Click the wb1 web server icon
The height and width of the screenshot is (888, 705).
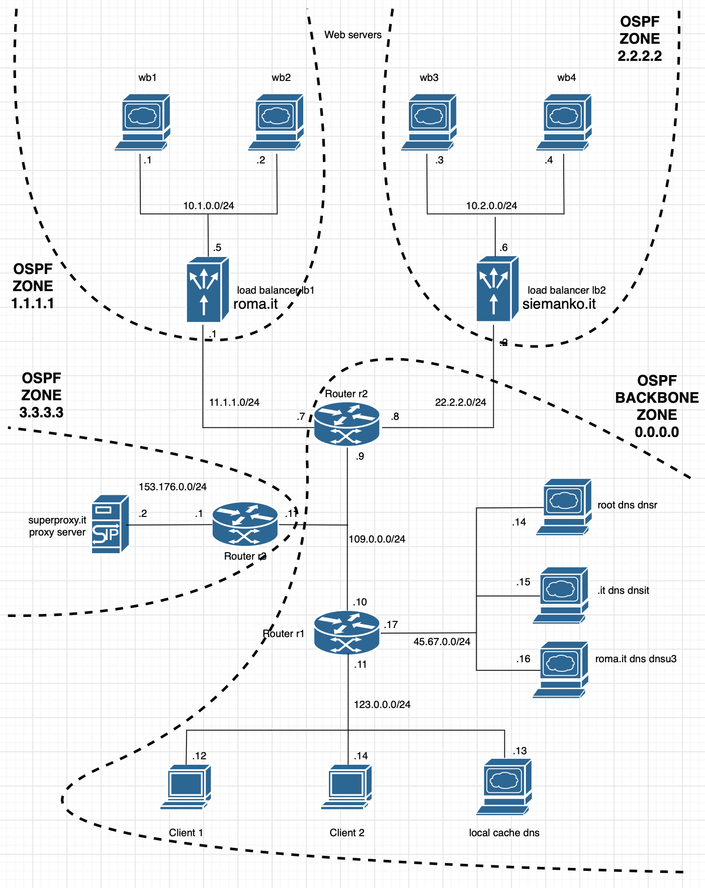(142, 121)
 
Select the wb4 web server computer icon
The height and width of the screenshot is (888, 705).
(564, 121)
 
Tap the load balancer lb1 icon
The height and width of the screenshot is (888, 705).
(207, 290)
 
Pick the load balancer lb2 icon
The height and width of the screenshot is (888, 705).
(497, 289)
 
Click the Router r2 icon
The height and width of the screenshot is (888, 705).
(346, 423)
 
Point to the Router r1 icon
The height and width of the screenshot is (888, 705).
(346, 632)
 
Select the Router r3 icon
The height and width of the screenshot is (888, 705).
(245, 524)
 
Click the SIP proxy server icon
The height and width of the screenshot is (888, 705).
(110, 524)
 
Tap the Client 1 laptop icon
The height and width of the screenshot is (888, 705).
(186, 786)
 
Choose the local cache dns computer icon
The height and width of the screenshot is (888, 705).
(504, 786)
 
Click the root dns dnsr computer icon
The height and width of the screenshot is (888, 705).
(564, 506)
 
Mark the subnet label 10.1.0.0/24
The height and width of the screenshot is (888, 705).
(208, 206)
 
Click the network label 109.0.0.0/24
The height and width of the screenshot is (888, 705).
(377, 539)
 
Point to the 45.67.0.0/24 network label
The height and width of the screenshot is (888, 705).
(442, 642)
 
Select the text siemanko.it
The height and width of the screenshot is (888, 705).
(559, 304)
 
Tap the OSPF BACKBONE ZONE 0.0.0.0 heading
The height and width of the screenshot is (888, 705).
(657, 406)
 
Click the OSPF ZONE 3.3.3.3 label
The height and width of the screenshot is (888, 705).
(41, 395)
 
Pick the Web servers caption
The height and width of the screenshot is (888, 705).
(352, 35)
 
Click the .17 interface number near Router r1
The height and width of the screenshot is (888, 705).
(391, 625)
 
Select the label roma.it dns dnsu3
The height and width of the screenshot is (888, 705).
(636, 659)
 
